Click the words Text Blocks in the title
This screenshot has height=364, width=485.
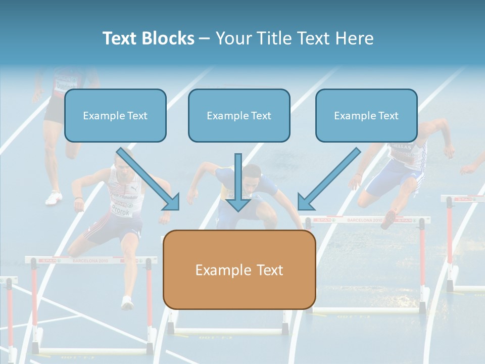point(148,38)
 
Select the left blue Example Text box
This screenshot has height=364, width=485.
point(115,116)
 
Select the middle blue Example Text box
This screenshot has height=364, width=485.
point(239,116)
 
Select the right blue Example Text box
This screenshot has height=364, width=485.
point(366,116)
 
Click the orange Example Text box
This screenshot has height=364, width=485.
point(239,270)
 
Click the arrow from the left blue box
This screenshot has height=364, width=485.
point(149,179)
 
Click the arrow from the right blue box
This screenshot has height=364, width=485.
point(329,179)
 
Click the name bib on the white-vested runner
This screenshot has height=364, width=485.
point(120,208)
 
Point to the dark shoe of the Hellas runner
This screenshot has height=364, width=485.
point(389,219)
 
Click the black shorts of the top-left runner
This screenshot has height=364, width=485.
point(54,111)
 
